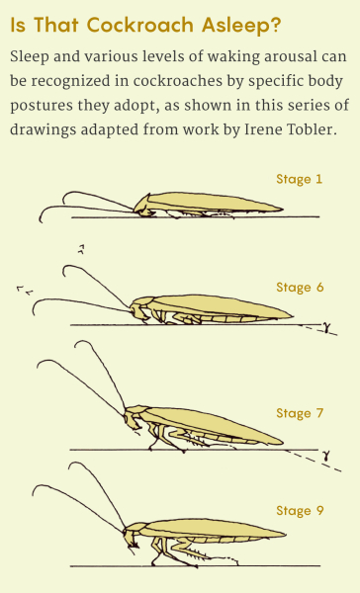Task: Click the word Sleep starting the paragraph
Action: click(30, 57)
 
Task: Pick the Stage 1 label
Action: click(299, 179)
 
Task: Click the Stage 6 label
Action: click(300, 288)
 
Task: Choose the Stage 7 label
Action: click(300, 413)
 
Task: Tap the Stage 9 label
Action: click(300, 511)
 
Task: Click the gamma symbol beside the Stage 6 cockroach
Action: click(326, 327)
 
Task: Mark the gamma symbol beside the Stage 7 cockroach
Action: click(326, 456)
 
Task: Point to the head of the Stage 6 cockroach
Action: click(137, 311)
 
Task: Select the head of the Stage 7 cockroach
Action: click(132, 419)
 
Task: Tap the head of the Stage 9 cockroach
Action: click(131, 538)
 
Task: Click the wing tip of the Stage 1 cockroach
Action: click(283, 209)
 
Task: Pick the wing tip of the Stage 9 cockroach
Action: click(286, 534)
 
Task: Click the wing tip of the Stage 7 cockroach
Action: click(283, 442)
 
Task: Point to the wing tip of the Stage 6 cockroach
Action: click(292, 316)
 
